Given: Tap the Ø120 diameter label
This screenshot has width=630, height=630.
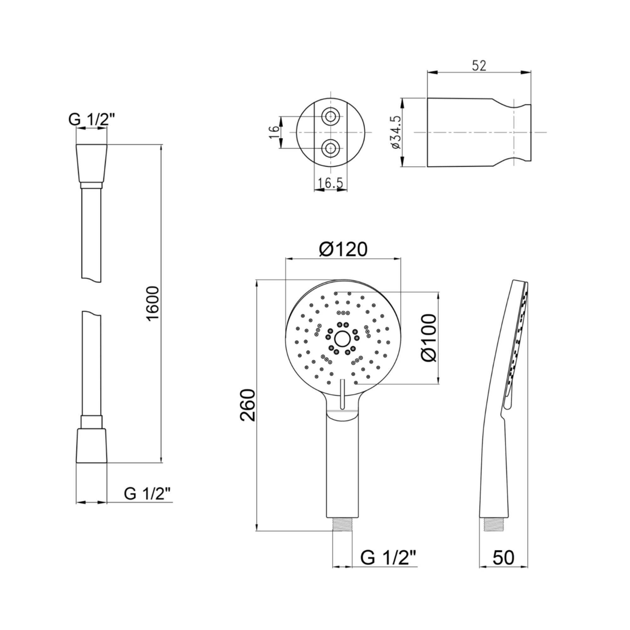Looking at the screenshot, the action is (343, 249).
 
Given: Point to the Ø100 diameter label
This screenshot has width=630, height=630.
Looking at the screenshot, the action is (428, 337).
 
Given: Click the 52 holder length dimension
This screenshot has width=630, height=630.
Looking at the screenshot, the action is (479, 66).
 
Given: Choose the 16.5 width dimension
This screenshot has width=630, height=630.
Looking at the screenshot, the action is (331, 183).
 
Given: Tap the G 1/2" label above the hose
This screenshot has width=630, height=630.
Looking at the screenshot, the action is (92, 119).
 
